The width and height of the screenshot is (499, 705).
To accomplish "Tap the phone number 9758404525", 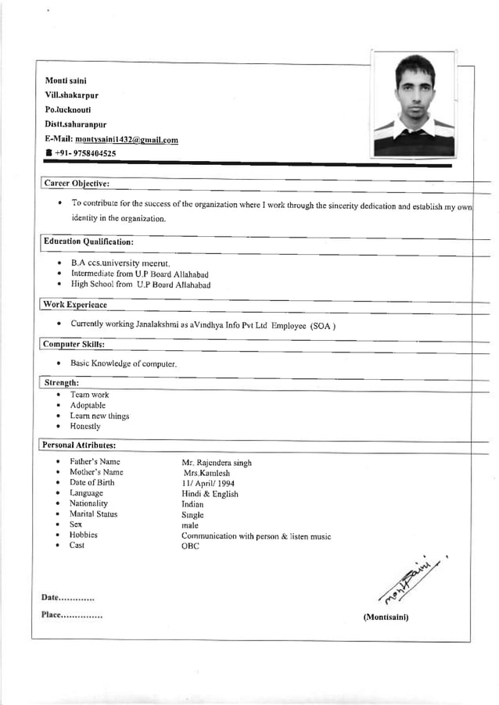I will click(87, 154).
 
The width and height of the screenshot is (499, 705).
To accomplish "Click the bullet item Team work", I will click(90, 395).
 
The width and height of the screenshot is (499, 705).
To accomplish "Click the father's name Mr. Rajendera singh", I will click(217, 463).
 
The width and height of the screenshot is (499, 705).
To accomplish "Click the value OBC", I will click(190, 546).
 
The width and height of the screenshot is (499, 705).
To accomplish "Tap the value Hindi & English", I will click(210, 494).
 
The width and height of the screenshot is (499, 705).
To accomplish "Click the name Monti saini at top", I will click(66, 81).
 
